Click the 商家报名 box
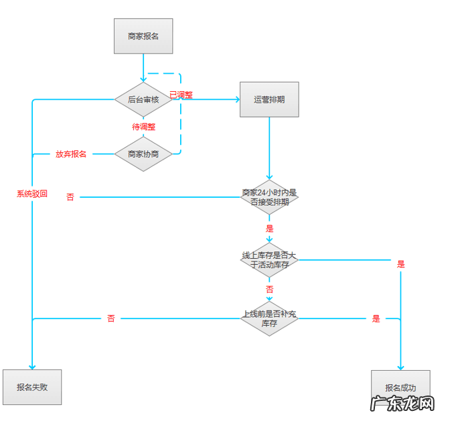[143, 36]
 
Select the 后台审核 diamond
[143, 100]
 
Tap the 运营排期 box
[269, 100]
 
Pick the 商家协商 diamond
[143, 154]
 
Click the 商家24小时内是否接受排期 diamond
[269, 197]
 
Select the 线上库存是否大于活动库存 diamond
[269, 260]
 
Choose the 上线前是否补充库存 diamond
[269, 318]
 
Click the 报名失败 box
[32, 387]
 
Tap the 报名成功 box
[400, 387]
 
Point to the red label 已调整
[181, 95]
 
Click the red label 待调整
[143, 127]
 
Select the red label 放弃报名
[71, 154]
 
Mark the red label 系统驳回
[32, 194]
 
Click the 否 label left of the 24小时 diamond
[70, 197]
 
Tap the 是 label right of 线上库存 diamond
[401, 264]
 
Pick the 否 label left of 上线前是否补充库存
[111, 318]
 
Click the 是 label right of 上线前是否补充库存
[376, 319]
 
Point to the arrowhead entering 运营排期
[236, 100]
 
